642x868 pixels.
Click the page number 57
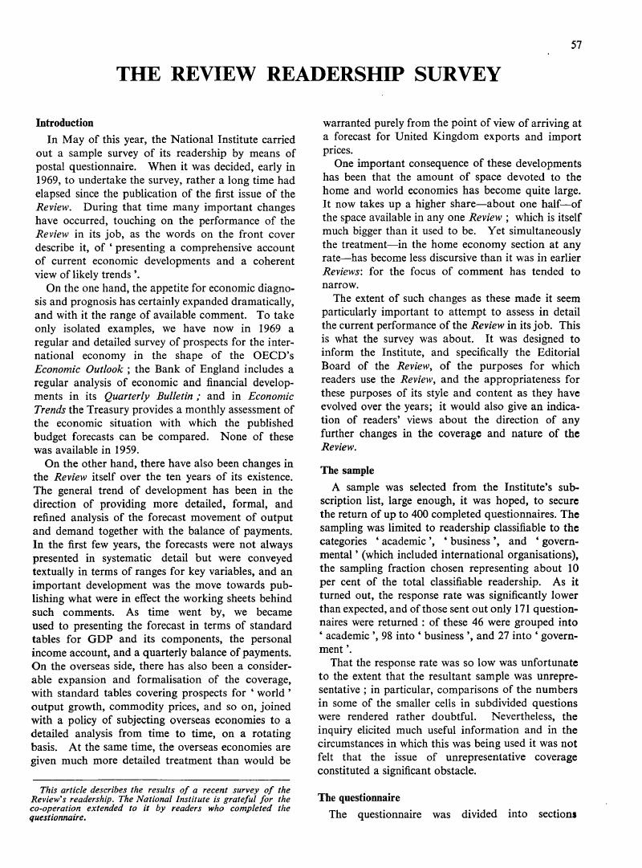tap(575, 45)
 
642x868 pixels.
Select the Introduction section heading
tap(65, 123)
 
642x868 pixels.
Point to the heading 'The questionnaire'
tap(360, 797)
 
